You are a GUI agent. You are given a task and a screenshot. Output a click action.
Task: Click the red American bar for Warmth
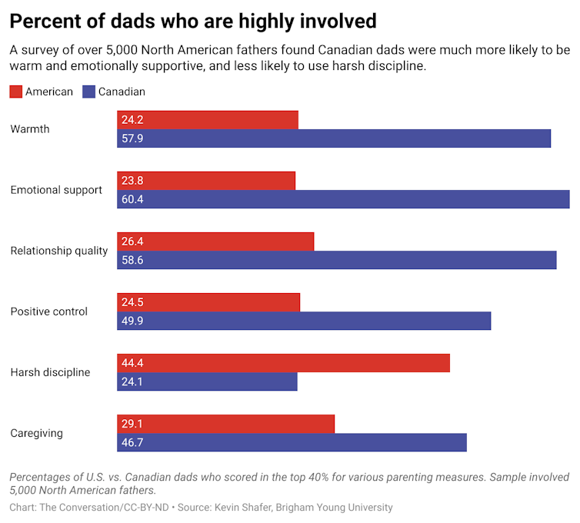click(x=208, y=120)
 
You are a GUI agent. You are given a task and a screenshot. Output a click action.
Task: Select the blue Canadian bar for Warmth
click(x=334, y=138)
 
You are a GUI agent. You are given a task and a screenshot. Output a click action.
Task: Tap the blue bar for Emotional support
click(x=343, y=199)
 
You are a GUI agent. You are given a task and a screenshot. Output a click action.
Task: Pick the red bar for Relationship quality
click(x=215, y=242)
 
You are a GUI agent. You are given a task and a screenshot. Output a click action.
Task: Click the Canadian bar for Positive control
click(x=304, y=321)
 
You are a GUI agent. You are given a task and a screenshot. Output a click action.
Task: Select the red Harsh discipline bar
click(x=283, y=363)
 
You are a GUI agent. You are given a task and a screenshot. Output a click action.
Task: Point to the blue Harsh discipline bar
click(x=207, y=381)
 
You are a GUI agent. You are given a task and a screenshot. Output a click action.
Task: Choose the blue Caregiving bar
click(x=292, y=442)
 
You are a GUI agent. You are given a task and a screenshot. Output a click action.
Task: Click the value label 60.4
click(x=132, y=199)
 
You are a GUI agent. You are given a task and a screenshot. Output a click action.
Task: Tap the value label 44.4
click(x=132, y=363)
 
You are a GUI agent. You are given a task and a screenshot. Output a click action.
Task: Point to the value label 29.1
click(x=132, y=424)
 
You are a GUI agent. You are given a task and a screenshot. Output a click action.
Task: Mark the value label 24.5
click(x=132, y=302)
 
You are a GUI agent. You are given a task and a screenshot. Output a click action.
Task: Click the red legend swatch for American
click(x=15, y=92)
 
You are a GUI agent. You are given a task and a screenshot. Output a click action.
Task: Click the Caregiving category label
click(x=36, y=433)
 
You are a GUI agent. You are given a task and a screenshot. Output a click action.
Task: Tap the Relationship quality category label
click(x=59, y=251)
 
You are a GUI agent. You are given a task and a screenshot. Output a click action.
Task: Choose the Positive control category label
click(x=48, y=311)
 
